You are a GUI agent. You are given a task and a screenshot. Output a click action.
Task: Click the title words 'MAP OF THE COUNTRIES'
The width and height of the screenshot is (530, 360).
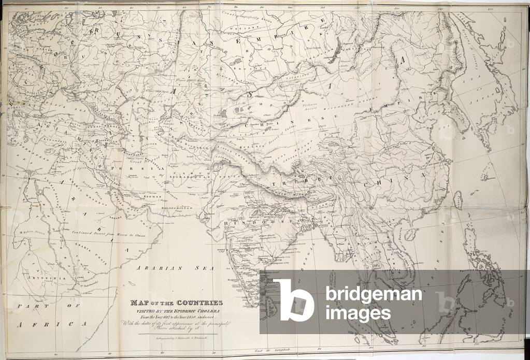tap(177, 303)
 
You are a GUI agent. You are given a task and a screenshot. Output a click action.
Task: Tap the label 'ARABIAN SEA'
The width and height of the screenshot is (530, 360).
tap(161, 268)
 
